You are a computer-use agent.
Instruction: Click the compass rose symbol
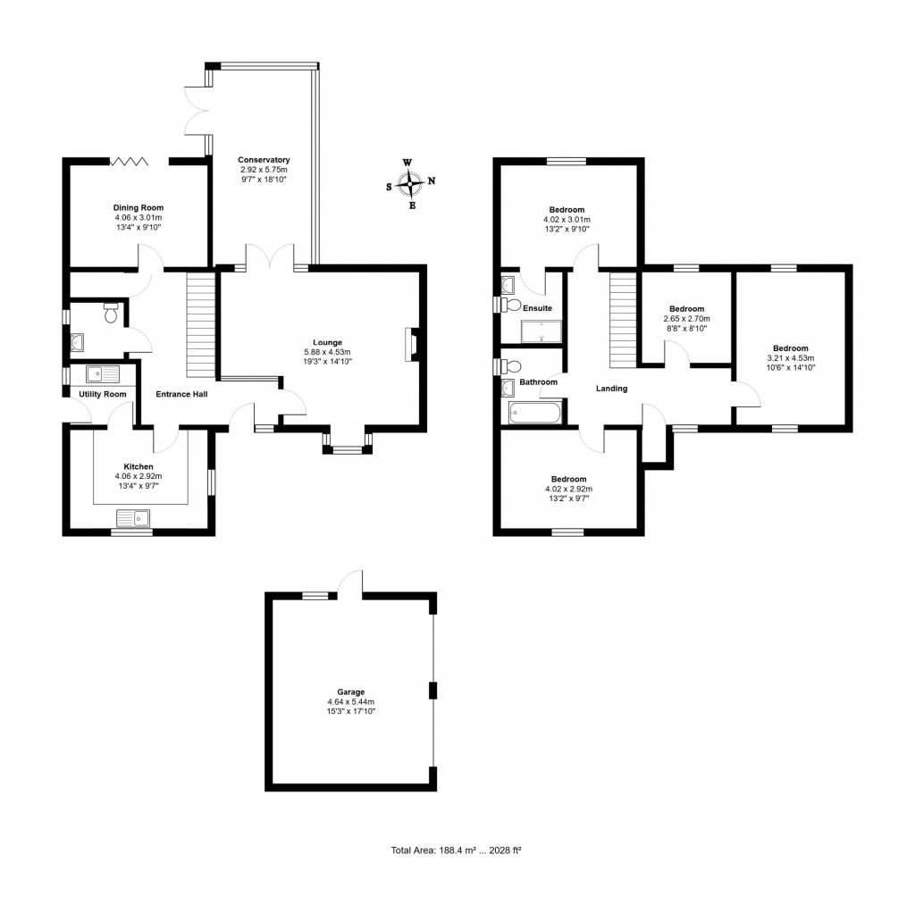point(410,183)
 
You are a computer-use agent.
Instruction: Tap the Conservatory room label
point(264,160)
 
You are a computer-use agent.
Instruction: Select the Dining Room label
point(139,207)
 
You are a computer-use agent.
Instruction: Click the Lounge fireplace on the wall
point(410,344)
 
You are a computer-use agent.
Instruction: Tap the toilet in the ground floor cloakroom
point(112,313)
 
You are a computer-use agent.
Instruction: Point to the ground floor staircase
point(201,326)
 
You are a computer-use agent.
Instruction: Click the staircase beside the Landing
point(622,320)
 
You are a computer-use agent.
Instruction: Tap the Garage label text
point(350,691)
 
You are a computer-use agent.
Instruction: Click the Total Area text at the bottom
point(456,851)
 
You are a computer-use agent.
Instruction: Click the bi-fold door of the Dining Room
point(128,161)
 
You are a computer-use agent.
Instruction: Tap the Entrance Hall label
point(181,394)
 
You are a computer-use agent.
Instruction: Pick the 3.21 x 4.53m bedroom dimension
point(790,358)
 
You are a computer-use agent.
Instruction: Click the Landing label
point(612,389)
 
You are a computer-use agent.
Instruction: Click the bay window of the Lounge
point(347,449)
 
